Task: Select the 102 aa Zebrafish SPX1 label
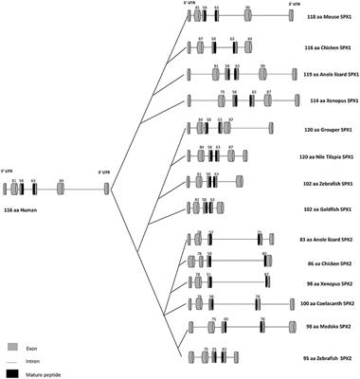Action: click(x=327, y=181)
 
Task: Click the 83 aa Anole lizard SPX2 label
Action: click(x=325, y=235)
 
